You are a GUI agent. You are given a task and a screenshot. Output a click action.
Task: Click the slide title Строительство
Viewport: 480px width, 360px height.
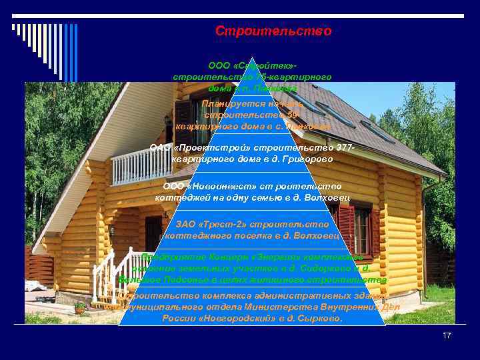273,31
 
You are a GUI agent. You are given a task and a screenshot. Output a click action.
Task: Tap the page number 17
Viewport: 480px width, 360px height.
447,335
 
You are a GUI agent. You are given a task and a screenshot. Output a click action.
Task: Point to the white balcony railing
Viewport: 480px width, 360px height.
141,166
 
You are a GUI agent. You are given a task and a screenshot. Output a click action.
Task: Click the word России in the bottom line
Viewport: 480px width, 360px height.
177,319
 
